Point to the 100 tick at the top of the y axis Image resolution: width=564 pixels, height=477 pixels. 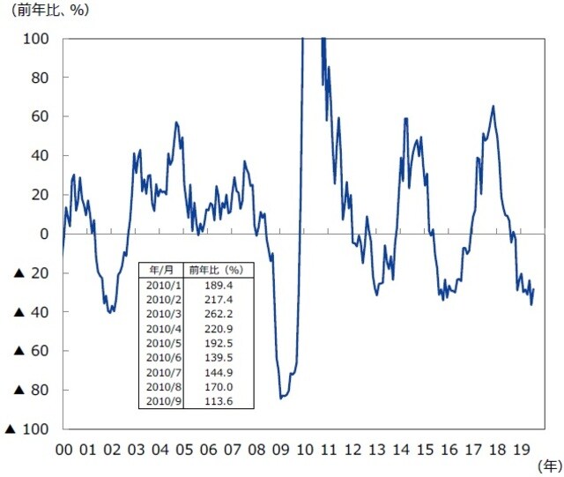pyautogui.click(x=37, y=39)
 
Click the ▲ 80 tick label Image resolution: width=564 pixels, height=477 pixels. pyautogui.click(x=31, y=390)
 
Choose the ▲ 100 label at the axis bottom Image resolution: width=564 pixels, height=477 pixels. pyautogui.click(x=27, y=429)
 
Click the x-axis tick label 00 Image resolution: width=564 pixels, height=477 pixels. pyautogui.click(x=63, y=449)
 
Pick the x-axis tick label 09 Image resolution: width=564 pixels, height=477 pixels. pyautogui.click(x=281, y=449)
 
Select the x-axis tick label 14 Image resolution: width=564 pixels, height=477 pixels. pyautogui.click(x=401, y=449)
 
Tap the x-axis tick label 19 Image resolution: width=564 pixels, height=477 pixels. pyautogui.click(x=521, y=449)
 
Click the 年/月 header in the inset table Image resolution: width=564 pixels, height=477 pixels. pyautogui.click(x=163, y=268)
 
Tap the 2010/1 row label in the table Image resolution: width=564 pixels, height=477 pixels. pyautogui.click(x=163, y=285)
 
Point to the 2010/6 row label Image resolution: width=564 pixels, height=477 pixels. pyautogui.click(x=163, y=358)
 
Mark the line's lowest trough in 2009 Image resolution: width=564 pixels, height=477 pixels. pyautogui.click(x=281, y=398)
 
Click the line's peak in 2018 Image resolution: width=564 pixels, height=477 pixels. pyautogui.click(x=493, y=107)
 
